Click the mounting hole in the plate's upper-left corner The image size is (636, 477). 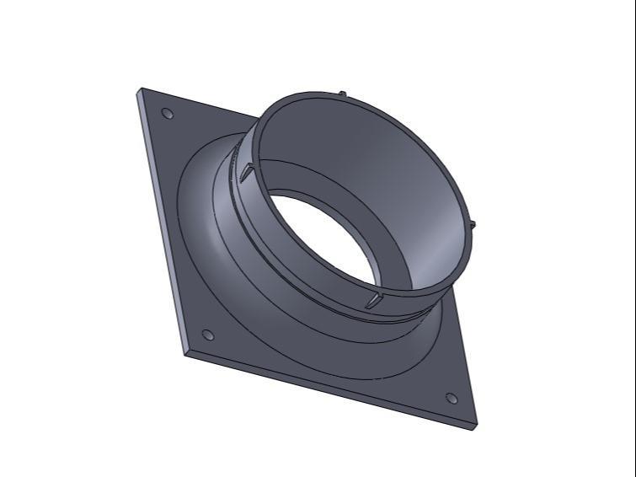(x=167, y=113)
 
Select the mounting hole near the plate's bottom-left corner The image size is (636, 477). (x=208, y=335)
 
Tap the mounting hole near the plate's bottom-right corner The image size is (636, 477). (x=451, y=398)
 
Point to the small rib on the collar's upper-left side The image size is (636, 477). (x=245, y=172)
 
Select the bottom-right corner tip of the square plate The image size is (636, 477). (x=477, y=424)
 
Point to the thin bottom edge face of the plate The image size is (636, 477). (x=329, y=389)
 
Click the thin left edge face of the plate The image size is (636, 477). (x=159, y=219)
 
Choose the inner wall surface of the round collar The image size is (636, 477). (x=379, y=169)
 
